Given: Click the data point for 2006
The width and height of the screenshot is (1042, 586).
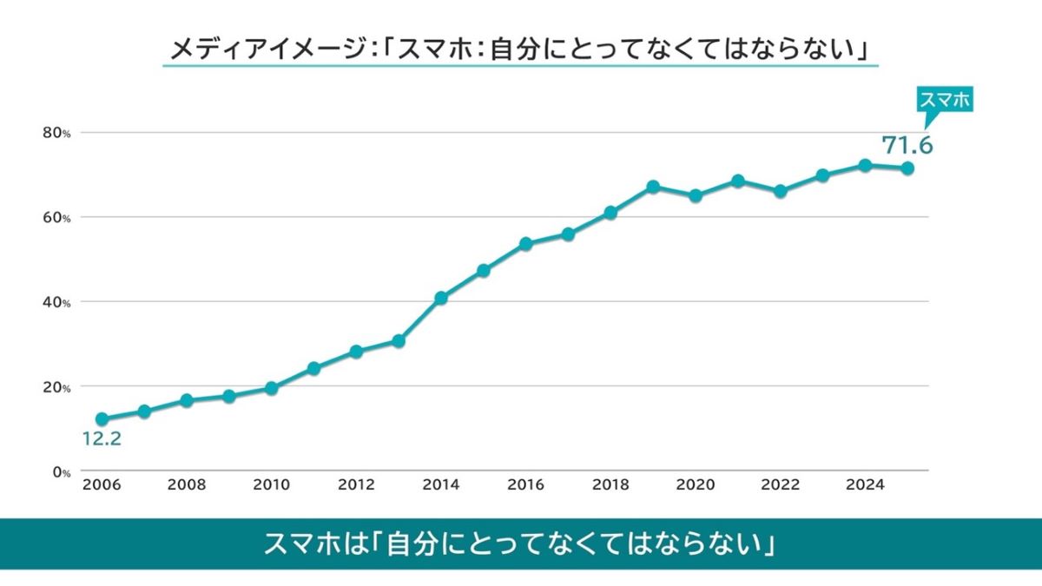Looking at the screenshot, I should pyautogui.click(x=102, y=418).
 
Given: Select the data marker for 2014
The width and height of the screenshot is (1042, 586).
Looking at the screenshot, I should pyautogui.click(x=440, y=298).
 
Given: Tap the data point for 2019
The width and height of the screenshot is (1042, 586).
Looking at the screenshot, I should pyautogui.click(x=653, y=187).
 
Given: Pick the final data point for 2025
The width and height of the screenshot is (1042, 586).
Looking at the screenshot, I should pyautogui.click(x=907, y=168).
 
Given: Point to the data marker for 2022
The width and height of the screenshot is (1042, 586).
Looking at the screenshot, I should pyautogui.click(x=780, y=191).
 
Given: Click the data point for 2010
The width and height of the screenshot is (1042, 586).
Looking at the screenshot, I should pyautogui.click(x=271, y=388).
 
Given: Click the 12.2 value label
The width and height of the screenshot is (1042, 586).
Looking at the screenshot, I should pyautogui.click(x=102, y=439).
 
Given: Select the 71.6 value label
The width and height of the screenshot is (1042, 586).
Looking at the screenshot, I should pyautogui.click(x=907, y=145).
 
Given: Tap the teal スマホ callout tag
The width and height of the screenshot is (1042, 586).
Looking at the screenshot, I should pyautogui.click(x=945, y=101).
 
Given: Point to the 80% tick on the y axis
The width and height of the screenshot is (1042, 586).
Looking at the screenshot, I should pyautogui.click(x=57, y=133).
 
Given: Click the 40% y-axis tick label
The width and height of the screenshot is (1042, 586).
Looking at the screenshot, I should pyautogui.click(x=57, y=302).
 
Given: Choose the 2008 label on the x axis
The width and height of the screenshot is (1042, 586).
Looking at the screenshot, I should pyautogui.click(x=187, y=485).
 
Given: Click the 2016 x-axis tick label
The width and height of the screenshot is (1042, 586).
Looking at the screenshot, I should pyautogui.click(x=525, y=485).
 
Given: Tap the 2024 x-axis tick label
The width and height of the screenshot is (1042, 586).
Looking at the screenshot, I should pyautogui.click(x=864, y=485).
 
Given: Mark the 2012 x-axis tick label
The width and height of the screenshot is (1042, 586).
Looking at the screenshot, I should pyautogui.click(x=356, y=485).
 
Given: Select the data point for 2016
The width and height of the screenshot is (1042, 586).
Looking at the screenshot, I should pyautogui.click(x=525, y=244).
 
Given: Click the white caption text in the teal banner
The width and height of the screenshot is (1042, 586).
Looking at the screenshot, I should pyautogui.click(x=520, y=544).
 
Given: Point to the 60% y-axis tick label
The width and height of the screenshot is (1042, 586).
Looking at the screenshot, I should pyautogui.click(x=57, y=217).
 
